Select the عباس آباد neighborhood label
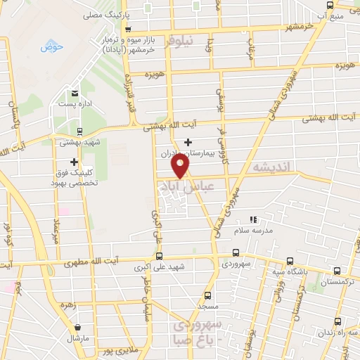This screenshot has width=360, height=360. click(x=182, y=187)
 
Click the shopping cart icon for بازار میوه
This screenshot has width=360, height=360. click(x=127, y=30)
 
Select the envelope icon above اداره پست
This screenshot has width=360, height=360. click(x=74, y=93)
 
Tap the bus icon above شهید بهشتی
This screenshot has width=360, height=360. click(x=79, y=131)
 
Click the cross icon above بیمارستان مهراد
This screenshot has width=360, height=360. click(x=188, y=142)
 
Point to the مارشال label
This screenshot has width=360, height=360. click(x=77, y=338)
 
